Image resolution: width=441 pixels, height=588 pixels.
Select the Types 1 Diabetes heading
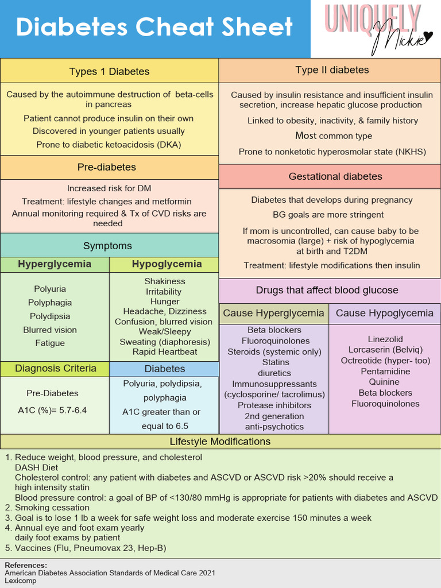point(109,72)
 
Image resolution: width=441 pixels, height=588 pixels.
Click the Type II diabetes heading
point(332,70)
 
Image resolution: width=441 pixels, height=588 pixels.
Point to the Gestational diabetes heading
point(335,176)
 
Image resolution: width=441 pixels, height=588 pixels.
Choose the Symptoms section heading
point(107,246)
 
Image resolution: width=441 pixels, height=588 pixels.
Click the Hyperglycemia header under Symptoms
point(55,264)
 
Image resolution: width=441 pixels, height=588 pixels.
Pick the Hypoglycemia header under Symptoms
point(167,264)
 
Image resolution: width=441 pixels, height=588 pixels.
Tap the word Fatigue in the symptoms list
point(50,343)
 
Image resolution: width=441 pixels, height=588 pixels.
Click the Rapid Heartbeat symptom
point(165,351)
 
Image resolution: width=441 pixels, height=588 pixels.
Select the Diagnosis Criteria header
point(56,368)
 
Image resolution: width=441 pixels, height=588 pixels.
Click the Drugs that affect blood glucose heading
point(327,290)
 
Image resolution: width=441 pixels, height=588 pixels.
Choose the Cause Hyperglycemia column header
point(273,313)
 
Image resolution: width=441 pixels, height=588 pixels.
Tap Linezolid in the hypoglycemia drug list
point(385,339)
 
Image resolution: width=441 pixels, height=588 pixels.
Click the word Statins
point(276,362)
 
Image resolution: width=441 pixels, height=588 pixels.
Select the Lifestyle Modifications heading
point(220,442)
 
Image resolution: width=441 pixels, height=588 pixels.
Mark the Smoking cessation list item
point(52,508)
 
